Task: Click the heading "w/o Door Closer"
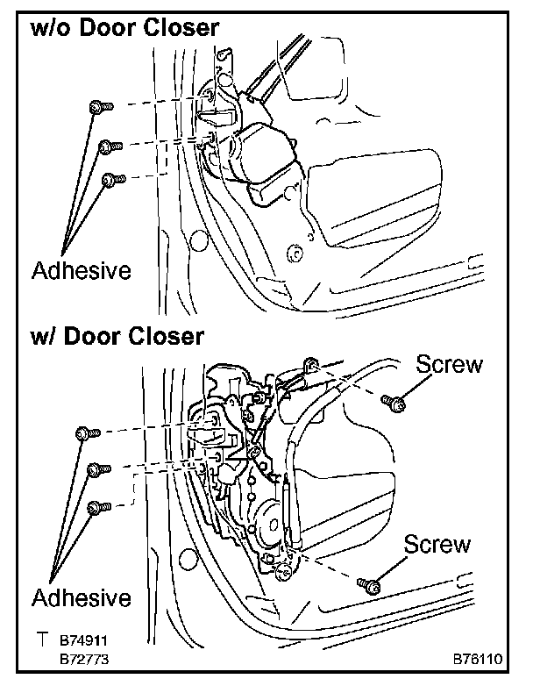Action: (124, 29)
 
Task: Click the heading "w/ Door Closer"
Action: (117, 336)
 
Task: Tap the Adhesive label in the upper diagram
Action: (82, 269)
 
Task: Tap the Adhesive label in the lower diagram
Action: (82, 598)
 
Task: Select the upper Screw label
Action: (450, 364)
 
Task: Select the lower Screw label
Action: (437, 544)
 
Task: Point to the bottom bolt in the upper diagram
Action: (111, 180)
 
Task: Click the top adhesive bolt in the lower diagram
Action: (87, 432)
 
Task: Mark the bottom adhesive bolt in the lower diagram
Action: (98, 506)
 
